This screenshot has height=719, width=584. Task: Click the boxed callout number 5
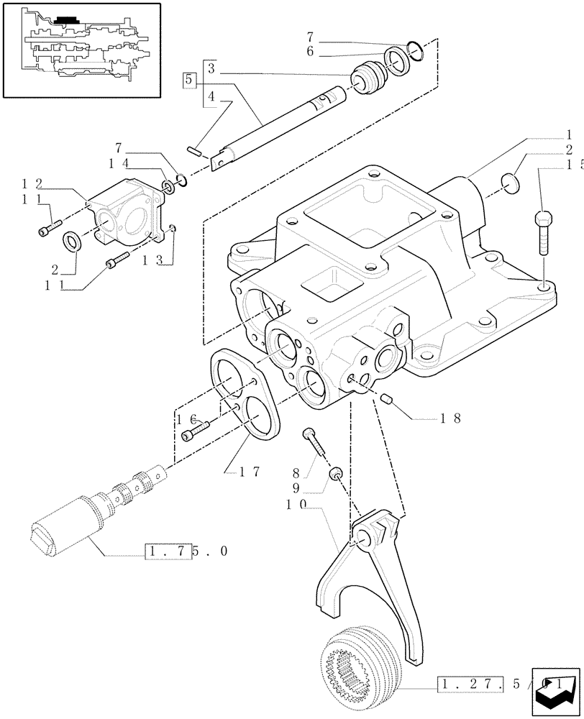click(189, 80)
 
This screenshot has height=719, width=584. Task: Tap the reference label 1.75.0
click(186, 552)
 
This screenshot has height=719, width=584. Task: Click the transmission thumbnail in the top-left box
click(81, 49)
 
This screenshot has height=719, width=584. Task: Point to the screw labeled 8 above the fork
click(315, 441)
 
